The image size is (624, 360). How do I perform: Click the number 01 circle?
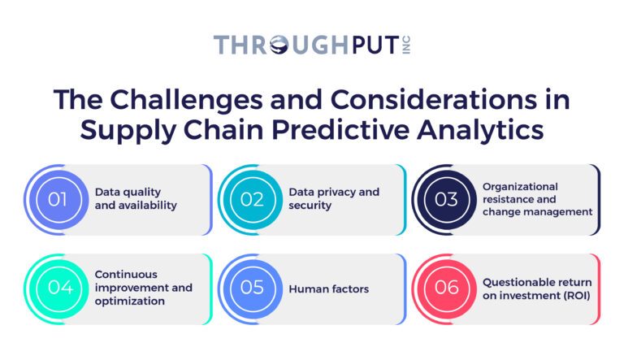click(58, 199)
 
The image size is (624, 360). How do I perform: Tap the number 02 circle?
click(253, 199)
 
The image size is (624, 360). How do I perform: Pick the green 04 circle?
click(58, 288)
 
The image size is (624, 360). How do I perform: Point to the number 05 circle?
click(253, 288)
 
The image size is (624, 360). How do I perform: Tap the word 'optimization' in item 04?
click(130, 301)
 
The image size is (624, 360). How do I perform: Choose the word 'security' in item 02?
click(310, 206)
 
